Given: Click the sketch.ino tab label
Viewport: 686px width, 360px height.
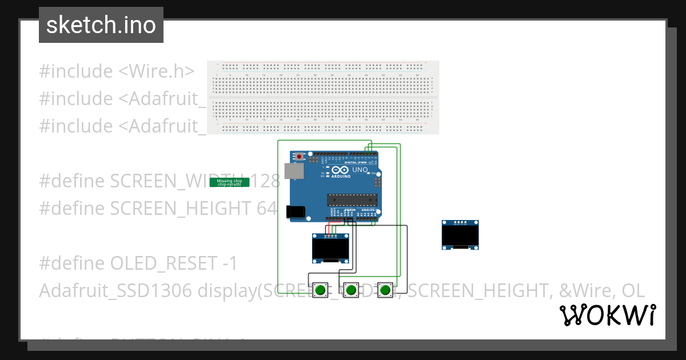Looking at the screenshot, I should (101, 25).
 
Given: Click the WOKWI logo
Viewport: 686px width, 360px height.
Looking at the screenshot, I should (607, 315).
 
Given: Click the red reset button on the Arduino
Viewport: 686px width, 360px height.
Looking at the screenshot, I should (299, 155).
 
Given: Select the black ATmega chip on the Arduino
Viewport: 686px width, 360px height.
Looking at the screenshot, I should (352, 199).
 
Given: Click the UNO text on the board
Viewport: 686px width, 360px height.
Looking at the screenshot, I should (360, 170).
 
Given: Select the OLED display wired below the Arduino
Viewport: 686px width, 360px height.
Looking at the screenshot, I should (331, 248).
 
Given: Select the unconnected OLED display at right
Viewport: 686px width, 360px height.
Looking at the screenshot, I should (460, 235).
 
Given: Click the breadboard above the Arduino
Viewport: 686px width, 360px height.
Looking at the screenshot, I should (323, 98).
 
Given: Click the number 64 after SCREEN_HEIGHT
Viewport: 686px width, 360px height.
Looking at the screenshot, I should (266, 209).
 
